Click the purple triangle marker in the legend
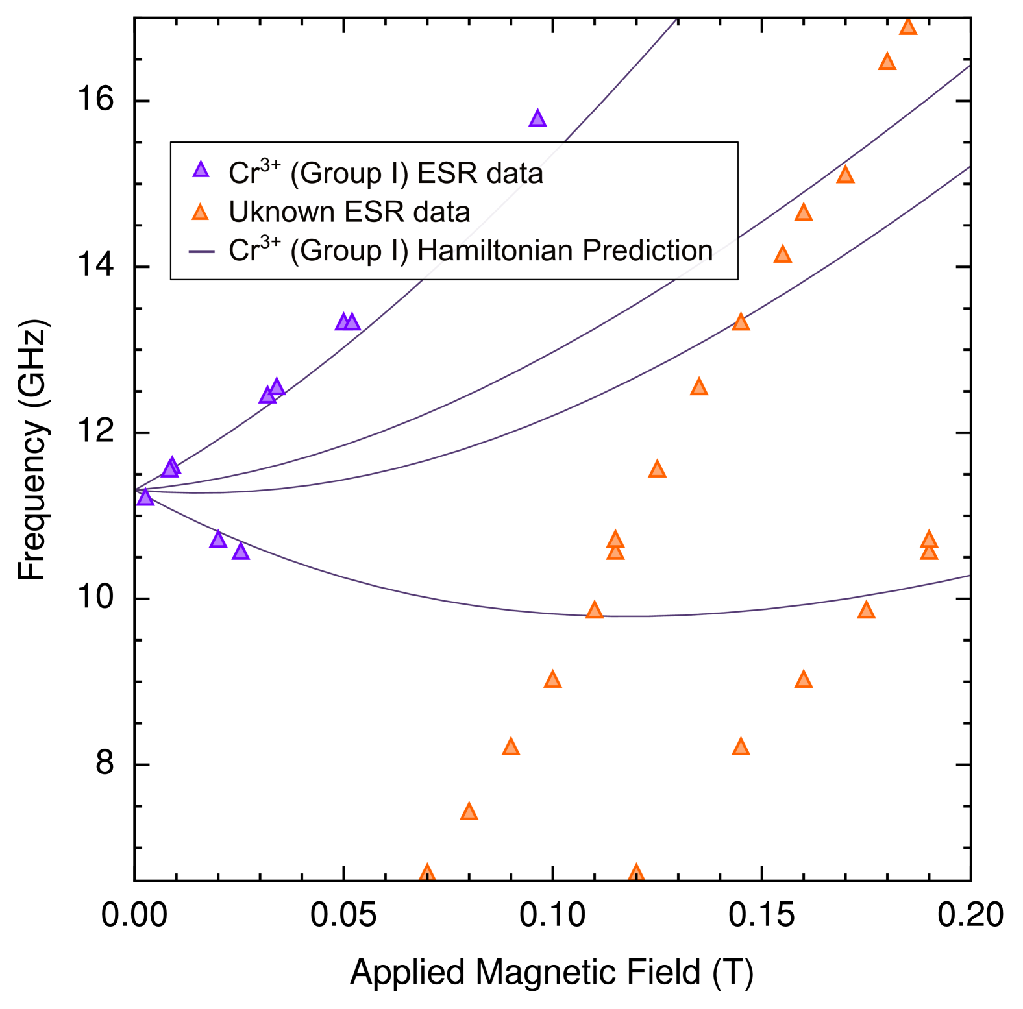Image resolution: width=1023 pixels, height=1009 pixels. pyautogui.click(x=201, y=170)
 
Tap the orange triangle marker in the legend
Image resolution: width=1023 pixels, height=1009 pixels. pyautogui.click(x=201, y=212)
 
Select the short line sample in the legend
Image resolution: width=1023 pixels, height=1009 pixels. pyautogui.click(x=201, y=252)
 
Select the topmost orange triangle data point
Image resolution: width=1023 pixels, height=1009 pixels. pyautogui.click(x=907, y=27)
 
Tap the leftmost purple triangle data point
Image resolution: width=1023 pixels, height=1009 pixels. pyautogui.click(x=145, y=498)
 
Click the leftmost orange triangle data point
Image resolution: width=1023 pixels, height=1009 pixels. pyautogui.click(x=426, y=872)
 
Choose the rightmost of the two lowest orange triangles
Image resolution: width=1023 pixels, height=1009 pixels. pyautogui.click(x=636, y=872)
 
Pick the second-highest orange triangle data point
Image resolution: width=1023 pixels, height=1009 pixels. pyautogui.click(x=887, y=62)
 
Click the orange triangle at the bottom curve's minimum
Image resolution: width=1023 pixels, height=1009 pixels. pyautogui.click(x=594, y=610)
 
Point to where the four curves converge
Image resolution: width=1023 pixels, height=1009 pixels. pyautogui.click(x=139, y=489)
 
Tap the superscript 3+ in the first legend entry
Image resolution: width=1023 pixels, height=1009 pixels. pyautogui.click(x=270, y=164)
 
